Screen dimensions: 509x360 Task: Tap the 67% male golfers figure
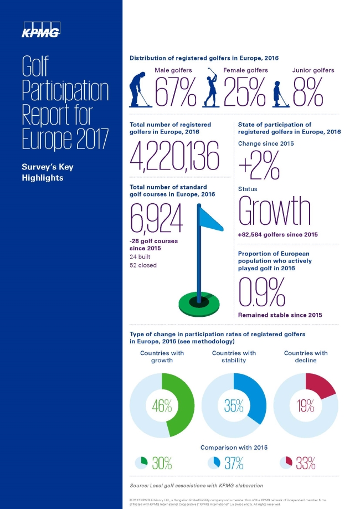(x=176, y=92)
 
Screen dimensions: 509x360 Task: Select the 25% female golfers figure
(x=245, y=92)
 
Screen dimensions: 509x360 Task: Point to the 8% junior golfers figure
(x=308, y=92)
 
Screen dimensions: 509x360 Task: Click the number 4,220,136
(x=173, y=156)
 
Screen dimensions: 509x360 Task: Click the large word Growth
(x=275, y=211)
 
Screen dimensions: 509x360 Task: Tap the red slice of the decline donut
(x=320, y=385)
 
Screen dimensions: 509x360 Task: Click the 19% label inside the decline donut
(x=306, y=405)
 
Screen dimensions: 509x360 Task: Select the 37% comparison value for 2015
(x=233, y=463)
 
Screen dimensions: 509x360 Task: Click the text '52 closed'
(x=143, y=265)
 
